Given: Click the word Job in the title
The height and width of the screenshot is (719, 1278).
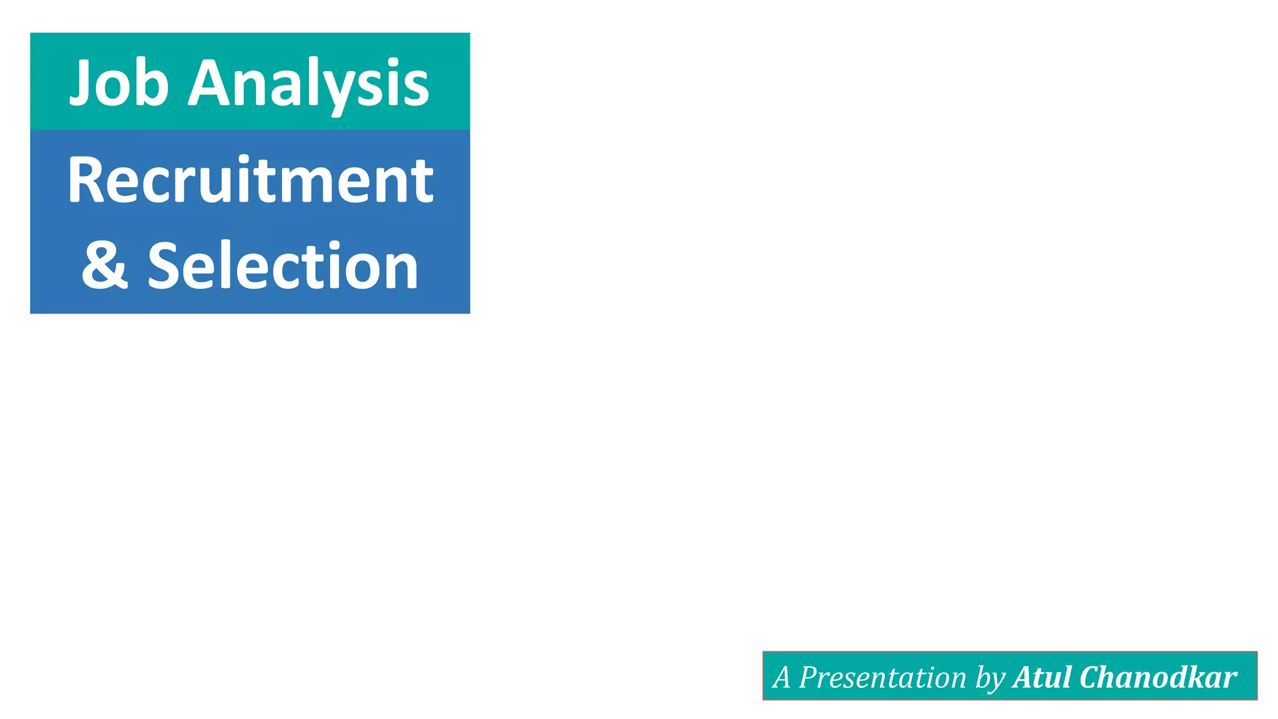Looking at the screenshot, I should (119, 83).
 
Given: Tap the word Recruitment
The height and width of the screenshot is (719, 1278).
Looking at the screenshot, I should (250, 180).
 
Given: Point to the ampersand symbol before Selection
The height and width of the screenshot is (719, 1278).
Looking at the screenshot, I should (105, 265).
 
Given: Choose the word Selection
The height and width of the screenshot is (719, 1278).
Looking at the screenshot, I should (283, 266).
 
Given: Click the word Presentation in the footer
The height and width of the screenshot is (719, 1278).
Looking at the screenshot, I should (882, 677).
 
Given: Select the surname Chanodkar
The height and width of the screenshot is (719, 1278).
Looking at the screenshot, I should (1158, 677).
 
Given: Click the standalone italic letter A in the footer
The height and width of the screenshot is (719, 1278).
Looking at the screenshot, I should (781, 677).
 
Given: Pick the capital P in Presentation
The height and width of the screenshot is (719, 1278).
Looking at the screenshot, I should (809, 677).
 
